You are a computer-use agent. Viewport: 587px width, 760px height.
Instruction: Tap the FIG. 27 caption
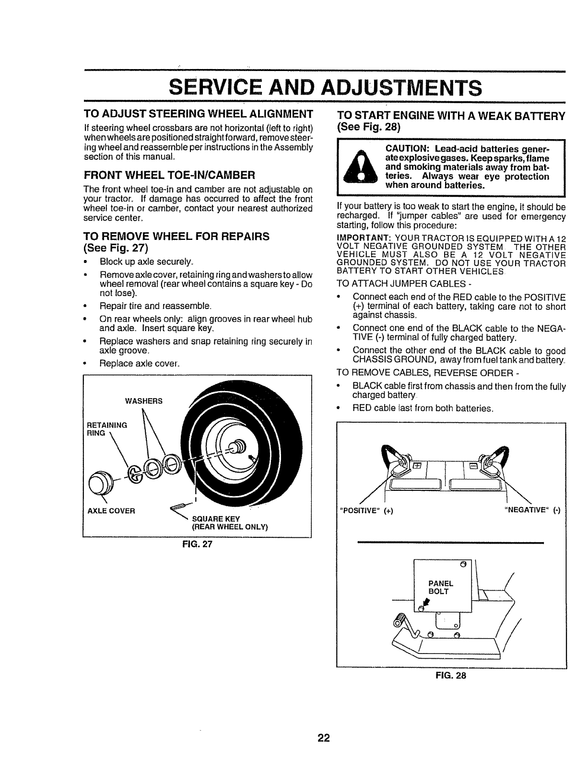[197, 545]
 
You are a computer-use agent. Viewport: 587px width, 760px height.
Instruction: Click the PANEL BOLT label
[440, 588]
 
